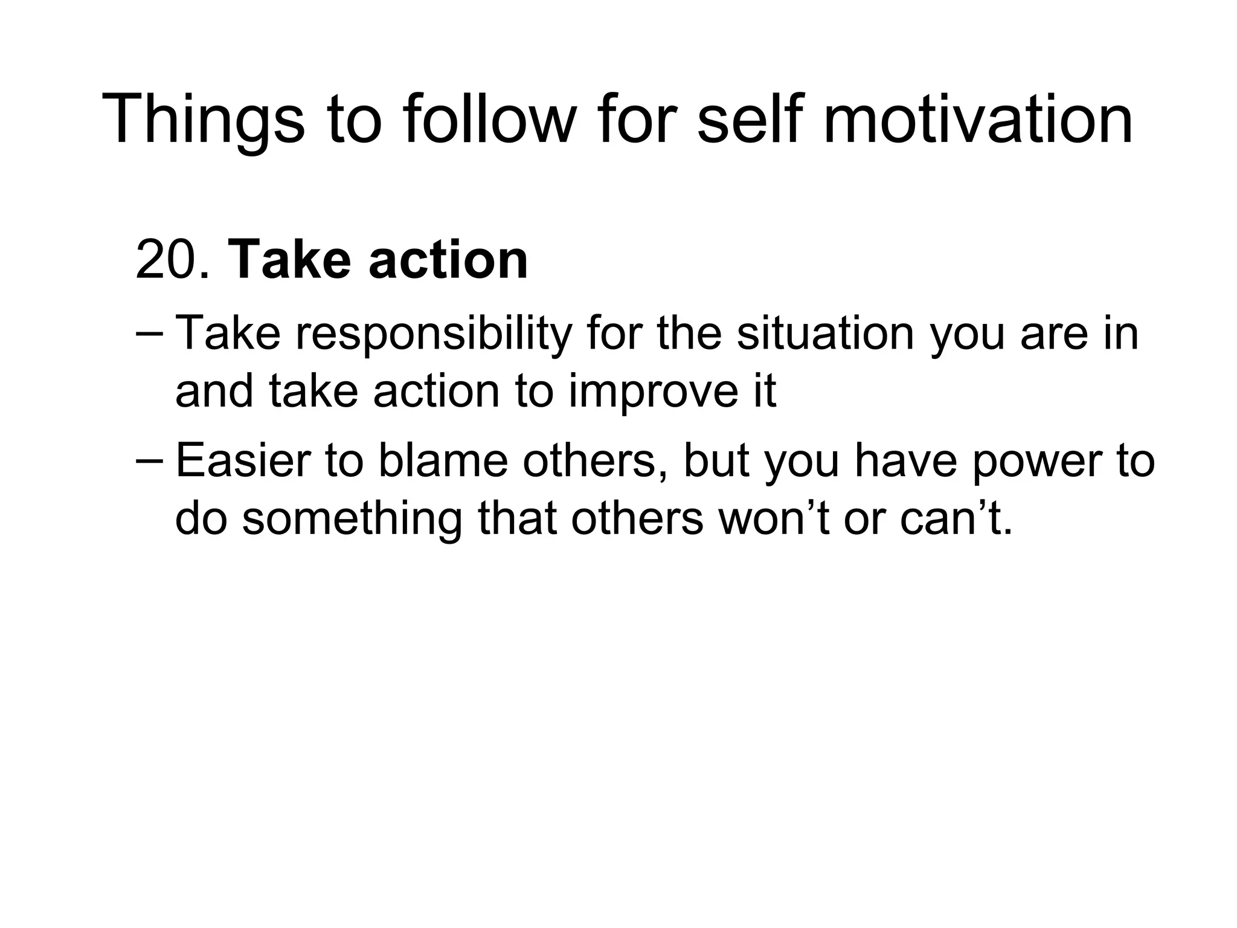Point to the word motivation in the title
coord(978,119)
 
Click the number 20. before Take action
coord(173,260)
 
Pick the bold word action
coord(448,260)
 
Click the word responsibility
coord(433,334)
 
